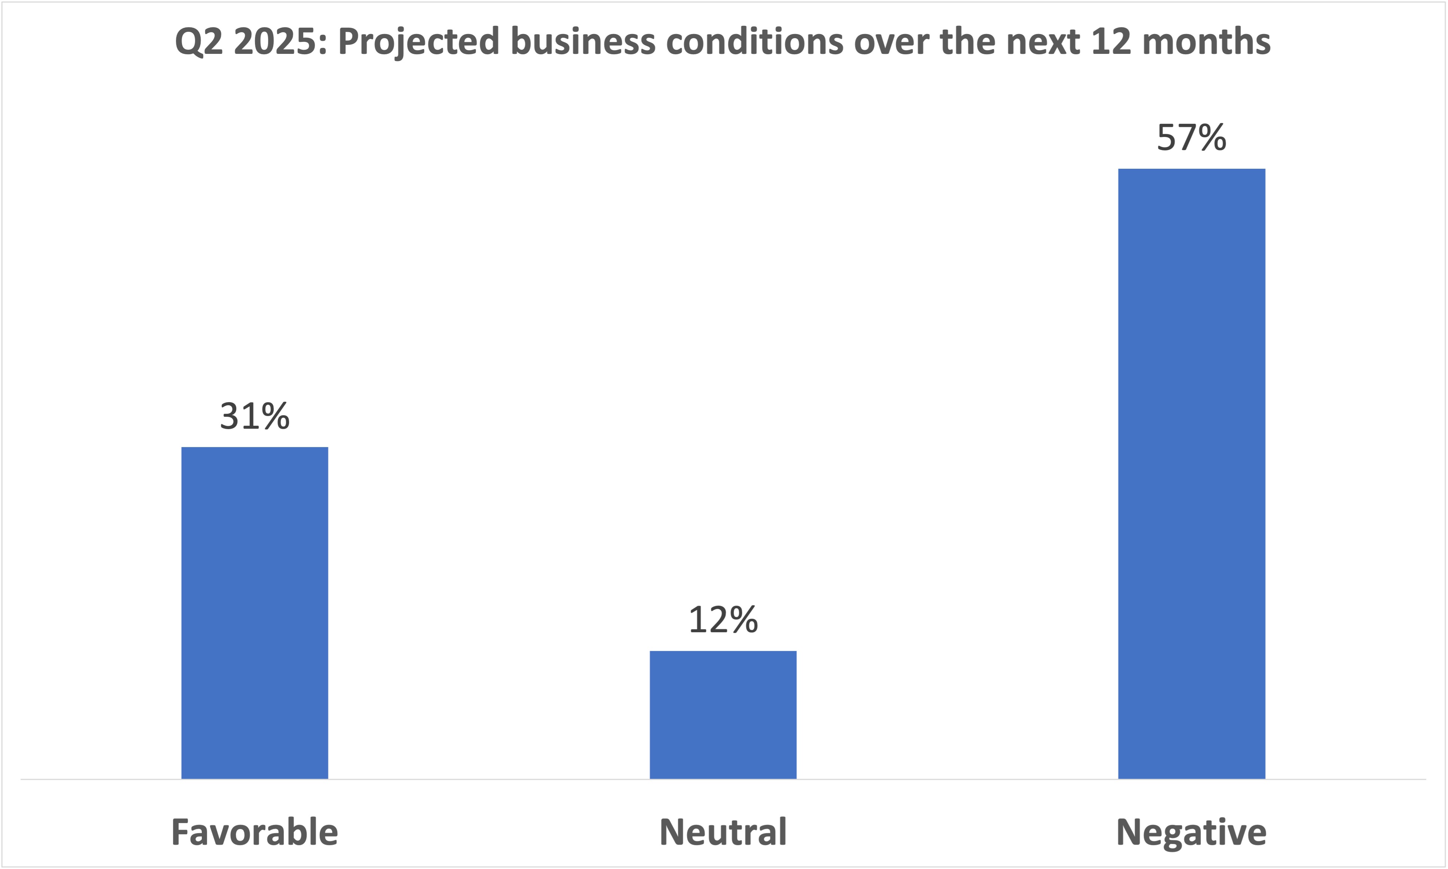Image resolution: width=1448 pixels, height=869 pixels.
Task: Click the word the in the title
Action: tap(967, 42)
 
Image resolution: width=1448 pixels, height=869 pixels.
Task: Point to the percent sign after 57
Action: tap(1211, 138)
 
